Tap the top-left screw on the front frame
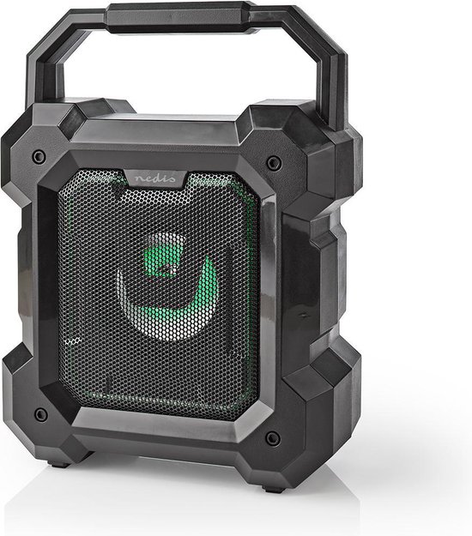tap(39, 157)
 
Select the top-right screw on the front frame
tap(273, 162)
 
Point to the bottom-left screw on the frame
tap(39, 415)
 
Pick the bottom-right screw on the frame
tap(272, 438)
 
